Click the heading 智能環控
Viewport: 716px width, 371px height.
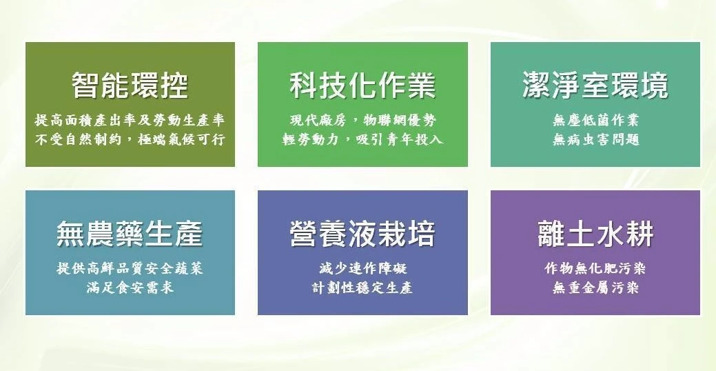130,86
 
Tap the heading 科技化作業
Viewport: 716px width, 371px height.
362,86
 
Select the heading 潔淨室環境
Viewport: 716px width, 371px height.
595,86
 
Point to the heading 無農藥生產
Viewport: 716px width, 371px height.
130,234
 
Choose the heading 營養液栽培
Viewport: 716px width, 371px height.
362,234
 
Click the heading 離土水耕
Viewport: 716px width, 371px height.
595,234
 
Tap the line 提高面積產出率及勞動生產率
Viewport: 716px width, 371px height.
130,121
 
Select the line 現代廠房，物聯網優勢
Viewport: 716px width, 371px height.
362,121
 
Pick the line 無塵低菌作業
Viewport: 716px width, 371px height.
595,121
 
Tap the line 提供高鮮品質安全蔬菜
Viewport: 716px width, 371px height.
130,268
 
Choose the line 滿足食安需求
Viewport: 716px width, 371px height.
130,288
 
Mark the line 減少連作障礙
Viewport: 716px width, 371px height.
362,268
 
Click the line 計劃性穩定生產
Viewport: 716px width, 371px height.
362,288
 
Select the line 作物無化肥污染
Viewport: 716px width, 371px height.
595,268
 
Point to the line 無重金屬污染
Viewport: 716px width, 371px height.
595,288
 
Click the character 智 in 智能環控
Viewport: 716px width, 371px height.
86,86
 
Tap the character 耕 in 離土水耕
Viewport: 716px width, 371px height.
640,234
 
